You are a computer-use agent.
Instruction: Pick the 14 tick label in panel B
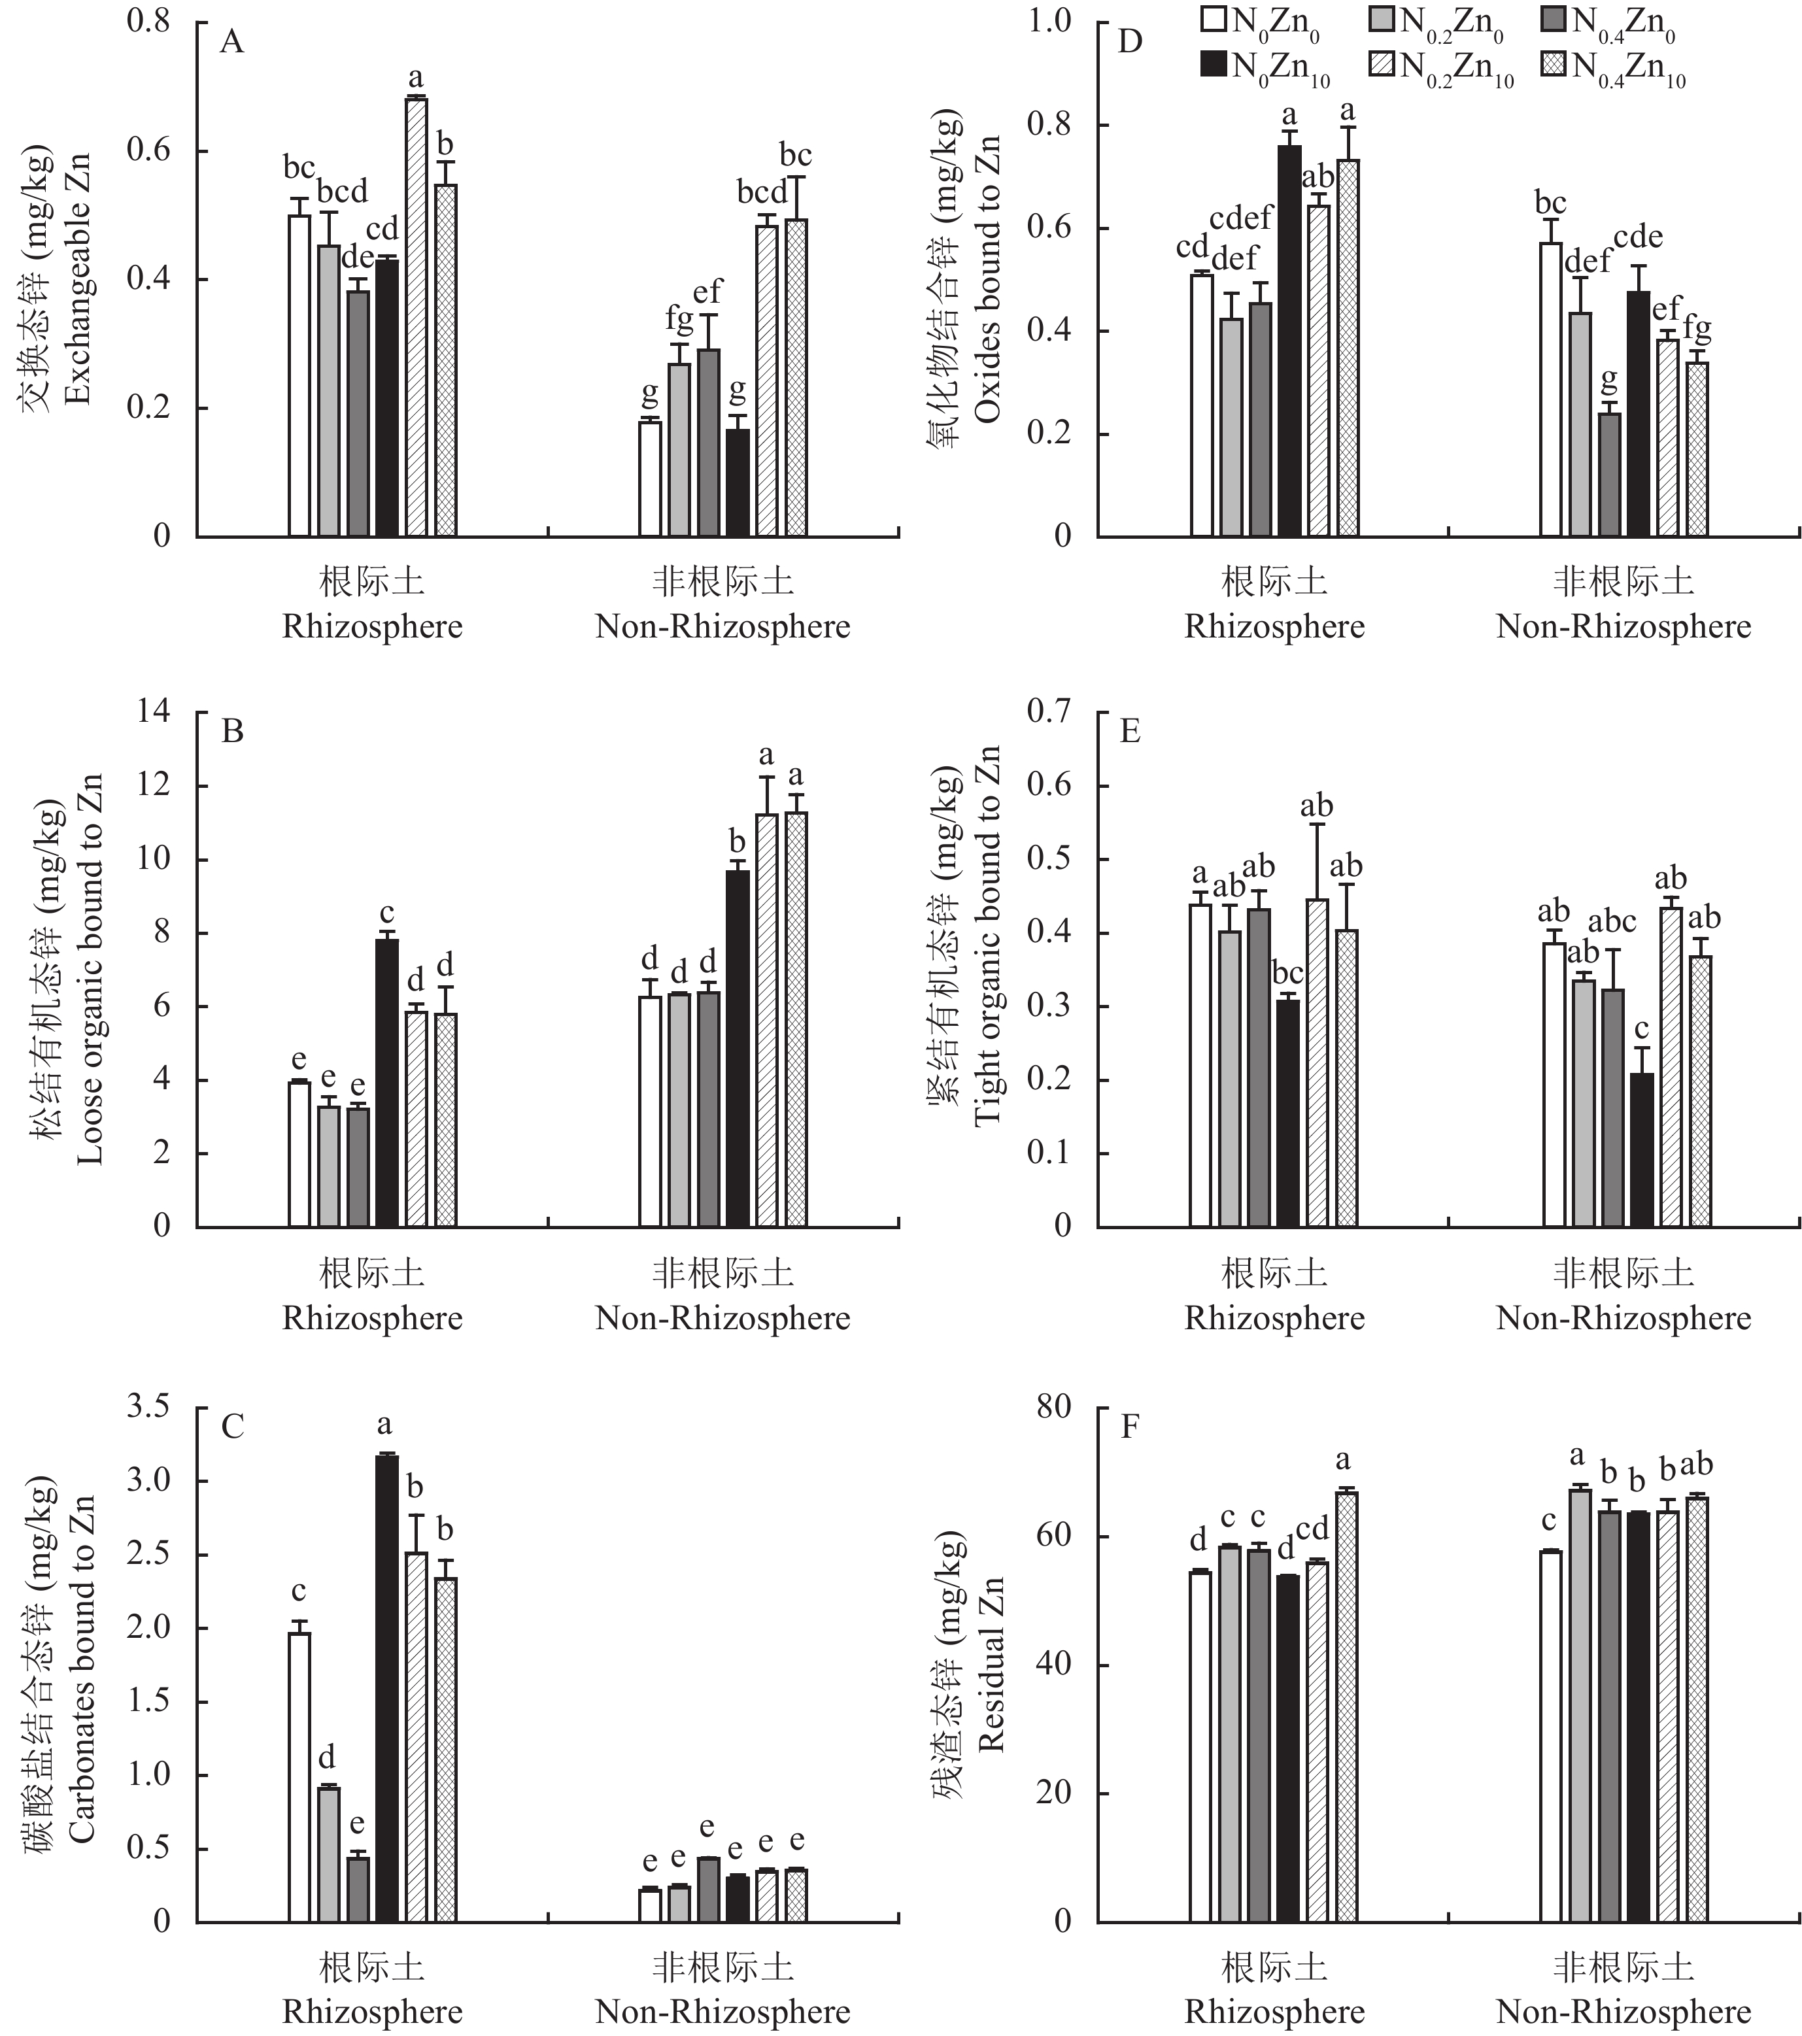tap(154, 711)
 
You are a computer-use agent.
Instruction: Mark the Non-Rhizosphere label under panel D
tap(1623, 626)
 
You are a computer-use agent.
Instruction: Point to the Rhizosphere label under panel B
tap(373, 1318)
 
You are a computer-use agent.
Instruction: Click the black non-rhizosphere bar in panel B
tap(737, 1048)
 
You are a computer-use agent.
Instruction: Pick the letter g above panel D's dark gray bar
tap(1608, 379)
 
